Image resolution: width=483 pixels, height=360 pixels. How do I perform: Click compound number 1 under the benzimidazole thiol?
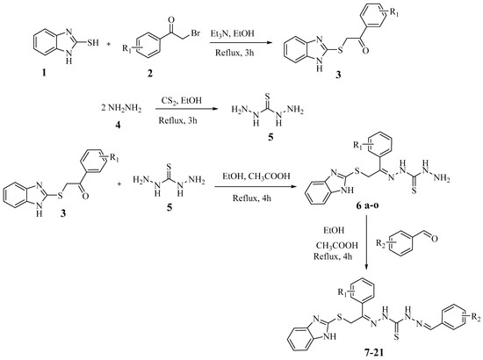(x=44, y=73)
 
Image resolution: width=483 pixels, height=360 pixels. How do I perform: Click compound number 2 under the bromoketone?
(x=150, y=74)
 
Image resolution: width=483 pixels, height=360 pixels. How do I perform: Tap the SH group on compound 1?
(x=93, y=42)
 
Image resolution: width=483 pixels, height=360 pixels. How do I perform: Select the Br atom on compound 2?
(x=196, y=33)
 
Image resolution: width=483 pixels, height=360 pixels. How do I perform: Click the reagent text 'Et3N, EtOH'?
(x=233, y=33)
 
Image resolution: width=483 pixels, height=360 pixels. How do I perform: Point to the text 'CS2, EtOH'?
(x=182, y=100)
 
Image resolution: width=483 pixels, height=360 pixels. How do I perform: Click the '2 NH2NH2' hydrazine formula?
(x=121, y=109)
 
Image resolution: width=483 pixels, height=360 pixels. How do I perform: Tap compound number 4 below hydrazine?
(x=118, y=126)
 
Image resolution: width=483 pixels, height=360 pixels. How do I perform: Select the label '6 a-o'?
(x=367, y=206)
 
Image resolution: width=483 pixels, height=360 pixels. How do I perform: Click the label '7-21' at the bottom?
(x=373, y=352)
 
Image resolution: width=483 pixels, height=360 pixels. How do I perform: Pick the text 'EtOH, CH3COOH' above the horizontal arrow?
(x=256, y=176)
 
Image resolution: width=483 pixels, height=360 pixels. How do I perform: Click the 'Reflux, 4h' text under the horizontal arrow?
(x=252, y=198)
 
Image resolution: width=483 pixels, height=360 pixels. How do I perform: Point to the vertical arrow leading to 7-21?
(x=366, y=242)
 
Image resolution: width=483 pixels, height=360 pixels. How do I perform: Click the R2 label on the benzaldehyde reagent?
(x=381, y=243)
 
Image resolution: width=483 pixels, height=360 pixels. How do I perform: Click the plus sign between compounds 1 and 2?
(x=109, y=44)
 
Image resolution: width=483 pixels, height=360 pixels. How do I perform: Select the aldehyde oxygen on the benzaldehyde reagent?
(x=435, y=238)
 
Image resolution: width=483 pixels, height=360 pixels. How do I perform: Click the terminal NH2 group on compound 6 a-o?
(x=442, y=179)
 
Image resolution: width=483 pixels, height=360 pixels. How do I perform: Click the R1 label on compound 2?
(x=127, y=48)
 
